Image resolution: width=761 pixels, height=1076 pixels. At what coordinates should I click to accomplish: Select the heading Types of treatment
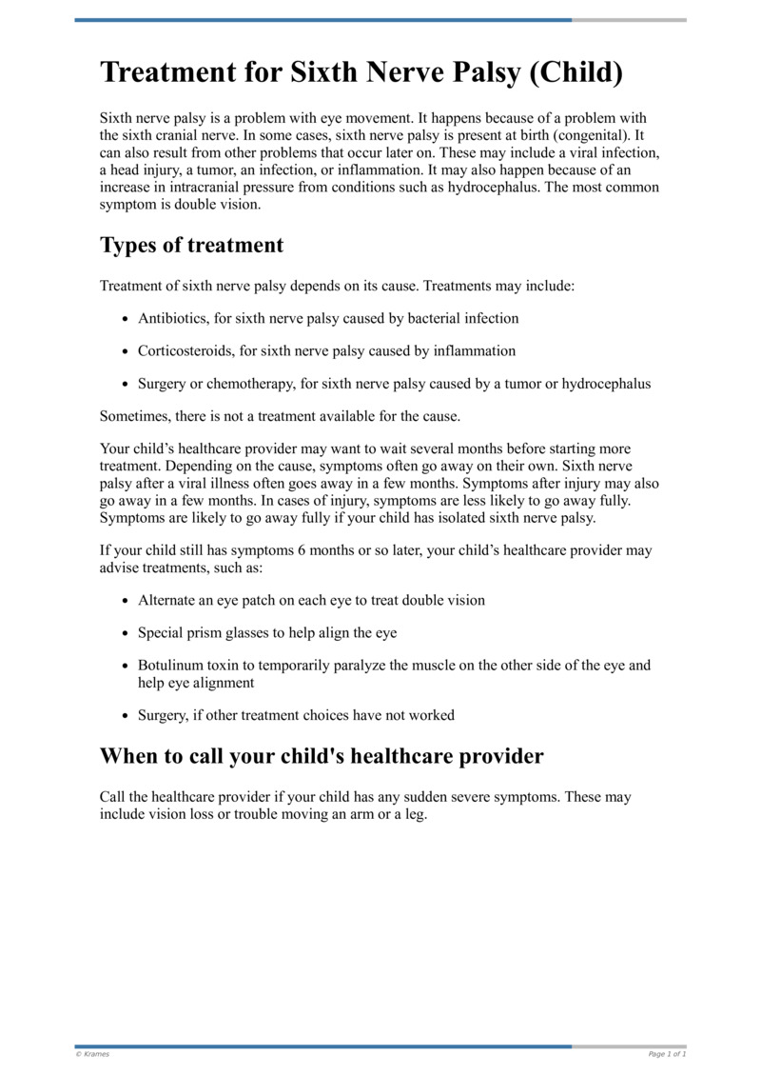[191, 245]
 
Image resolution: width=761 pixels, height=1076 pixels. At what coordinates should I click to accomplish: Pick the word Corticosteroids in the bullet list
[186, 350]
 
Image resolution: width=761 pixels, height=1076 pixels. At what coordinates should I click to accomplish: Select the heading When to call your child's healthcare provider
[322, 757]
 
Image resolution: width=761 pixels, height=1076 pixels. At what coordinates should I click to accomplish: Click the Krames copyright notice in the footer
[92, 1054]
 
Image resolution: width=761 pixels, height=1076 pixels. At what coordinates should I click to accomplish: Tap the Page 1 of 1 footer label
[667, 1054]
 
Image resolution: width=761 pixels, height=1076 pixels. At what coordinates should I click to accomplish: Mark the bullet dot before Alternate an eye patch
[127, 601]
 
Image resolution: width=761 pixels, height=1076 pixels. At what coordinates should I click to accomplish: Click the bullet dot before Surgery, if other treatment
[127, 715]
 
